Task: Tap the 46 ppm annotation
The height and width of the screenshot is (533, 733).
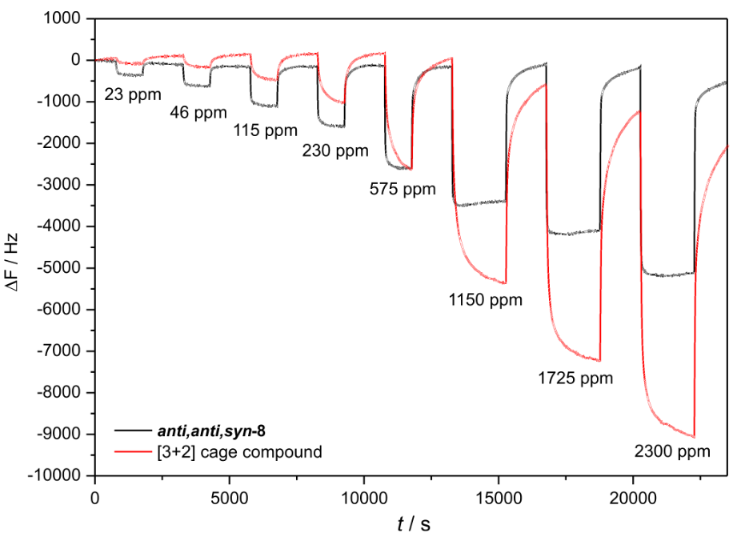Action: coord(198,112)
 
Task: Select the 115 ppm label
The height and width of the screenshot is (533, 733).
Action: coord(265,130)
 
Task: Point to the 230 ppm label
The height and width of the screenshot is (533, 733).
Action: coord(335,150)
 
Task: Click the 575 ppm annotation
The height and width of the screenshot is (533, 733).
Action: coord(403,190)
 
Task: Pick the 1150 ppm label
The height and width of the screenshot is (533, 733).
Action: coord(484,300)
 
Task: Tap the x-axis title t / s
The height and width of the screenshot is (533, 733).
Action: coord(414,523)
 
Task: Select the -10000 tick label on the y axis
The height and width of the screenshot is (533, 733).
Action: coord(58,476)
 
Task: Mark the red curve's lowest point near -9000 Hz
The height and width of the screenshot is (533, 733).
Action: coord(693,436)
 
